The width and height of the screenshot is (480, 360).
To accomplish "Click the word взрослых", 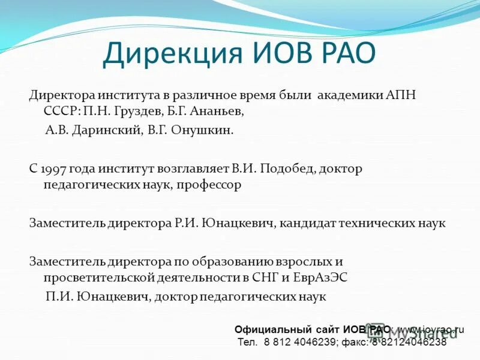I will (302, 262).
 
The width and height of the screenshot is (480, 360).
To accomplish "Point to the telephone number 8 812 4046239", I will (297, 343).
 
